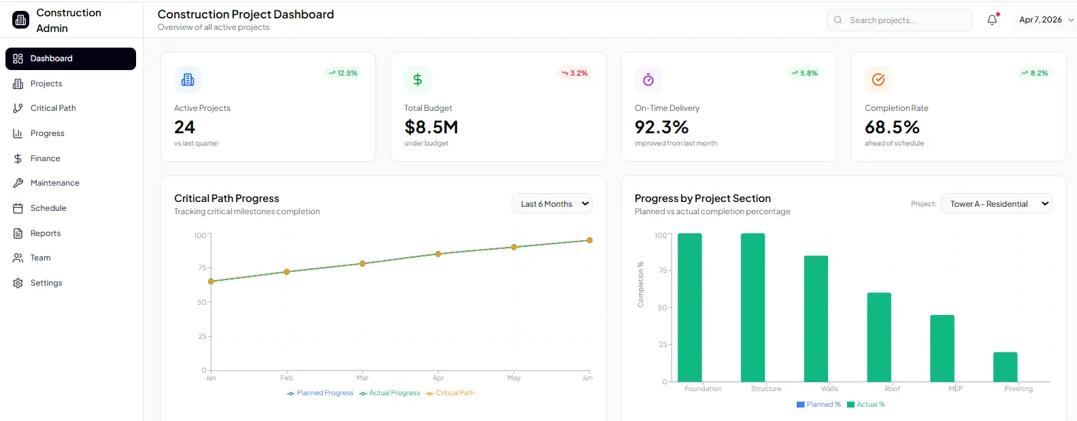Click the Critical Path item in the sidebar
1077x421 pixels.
52,108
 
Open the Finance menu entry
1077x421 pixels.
45,158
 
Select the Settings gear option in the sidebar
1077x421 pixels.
46,283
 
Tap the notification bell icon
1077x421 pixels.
992,20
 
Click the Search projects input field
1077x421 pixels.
905,20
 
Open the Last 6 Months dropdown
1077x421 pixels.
552,204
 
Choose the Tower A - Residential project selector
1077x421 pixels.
996,204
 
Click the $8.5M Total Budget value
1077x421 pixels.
431,127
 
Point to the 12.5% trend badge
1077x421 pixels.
343,73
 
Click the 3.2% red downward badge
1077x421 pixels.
574,73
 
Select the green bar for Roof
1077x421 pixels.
878,337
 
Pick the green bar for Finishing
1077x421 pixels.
1005,367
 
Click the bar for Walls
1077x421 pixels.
816,318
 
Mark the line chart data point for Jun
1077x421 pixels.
589,240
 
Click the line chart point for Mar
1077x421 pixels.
363,263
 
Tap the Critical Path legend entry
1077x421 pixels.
450,393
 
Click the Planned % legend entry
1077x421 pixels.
819,405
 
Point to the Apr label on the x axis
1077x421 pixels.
438,378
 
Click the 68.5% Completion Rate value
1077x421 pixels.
891,127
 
